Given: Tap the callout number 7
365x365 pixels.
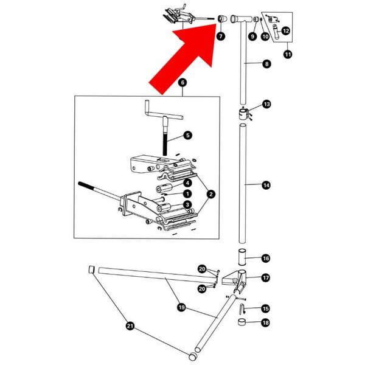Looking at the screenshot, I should [x=220, y=36].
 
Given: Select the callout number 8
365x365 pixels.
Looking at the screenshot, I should [x=266, y=63].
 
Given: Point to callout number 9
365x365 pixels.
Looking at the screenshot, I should [x=252, y=36].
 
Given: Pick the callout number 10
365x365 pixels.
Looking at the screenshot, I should [x=265, y=36].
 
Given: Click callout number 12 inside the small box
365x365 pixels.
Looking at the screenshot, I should [x=285, y=30].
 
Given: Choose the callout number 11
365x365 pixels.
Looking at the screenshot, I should [x=288, y=55].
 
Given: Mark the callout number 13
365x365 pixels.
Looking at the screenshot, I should [x=266, y=104].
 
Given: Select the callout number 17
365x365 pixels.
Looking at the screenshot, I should [x=266, y=277].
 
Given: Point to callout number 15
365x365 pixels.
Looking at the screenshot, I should [x=265, y=308].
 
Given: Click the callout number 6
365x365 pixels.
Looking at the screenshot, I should [x=182, y=82].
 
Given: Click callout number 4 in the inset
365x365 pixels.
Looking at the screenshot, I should [x=188, y=182].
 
